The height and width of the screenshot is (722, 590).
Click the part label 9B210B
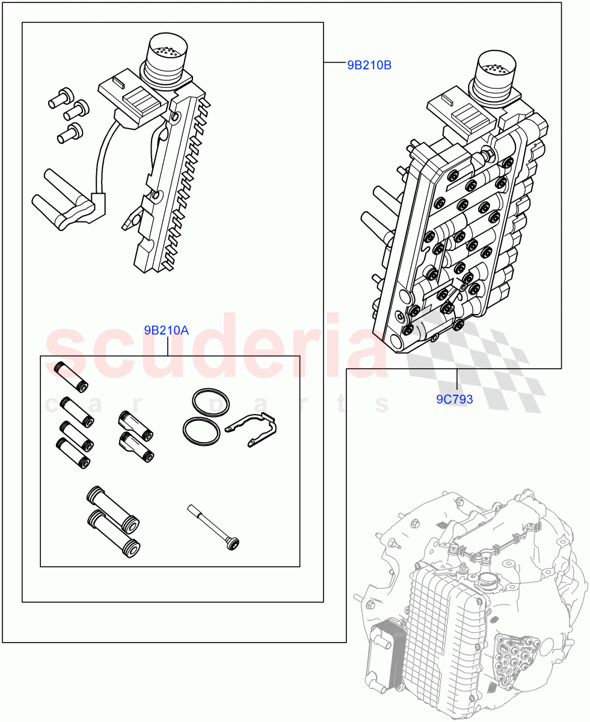coord(369,66)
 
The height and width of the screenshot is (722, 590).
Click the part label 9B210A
coord(167,330)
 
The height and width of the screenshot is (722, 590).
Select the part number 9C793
coord(455,399)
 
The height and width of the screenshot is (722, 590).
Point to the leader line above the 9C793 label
coord(457,380)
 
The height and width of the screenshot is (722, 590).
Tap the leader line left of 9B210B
coord(334,63)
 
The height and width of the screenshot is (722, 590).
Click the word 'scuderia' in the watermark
coord(217,349)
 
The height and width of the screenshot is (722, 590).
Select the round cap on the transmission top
coord(488,581)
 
